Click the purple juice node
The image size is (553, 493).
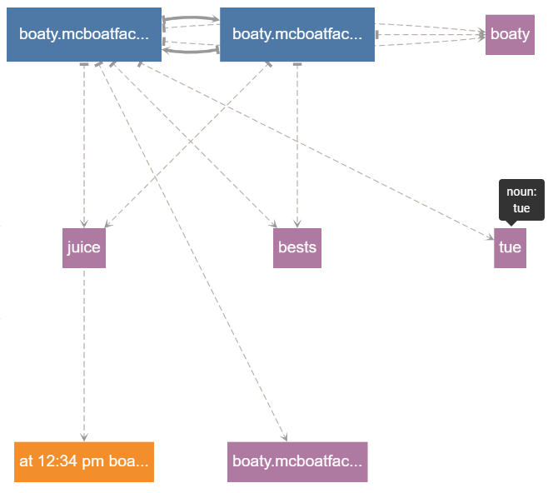[x=84, y=248]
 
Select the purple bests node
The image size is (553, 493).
[x=297, y=248]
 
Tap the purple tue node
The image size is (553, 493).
[x=510, y=248]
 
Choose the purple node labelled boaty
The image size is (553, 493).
[x=510, y=34]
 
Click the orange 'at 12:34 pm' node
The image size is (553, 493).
[x=84, y=461]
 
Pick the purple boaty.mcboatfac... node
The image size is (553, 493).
[x=297, y=461]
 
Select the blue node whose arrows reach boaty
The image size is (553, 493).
[x=297, y=34]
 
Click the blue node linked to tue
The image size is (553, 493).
[x=84, y=34]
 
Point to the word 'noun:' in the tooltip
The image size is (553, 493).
[x=521, y=192]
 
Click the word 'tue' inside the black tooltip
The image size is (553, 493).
[x=521, y=208]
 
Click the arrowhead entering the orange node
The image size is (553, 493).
[x=84, y=437]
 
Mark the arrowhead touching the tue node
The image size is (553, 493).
[x=490, y=237]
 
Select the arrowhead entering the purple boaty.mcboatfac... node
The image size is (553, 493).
[x=284, y=437]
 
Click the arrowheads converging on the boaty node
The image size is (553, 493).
[x=481, y=34]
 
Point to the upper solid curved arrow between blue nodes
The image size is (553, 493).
[x=191, y=17]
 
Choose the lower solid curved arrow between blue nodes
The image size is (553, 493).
[x=191, y=52]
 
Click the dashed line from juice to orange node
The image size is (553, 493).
[x=84, y=355]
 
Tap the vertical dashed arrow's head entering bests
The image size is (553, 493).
[x=297, y=223]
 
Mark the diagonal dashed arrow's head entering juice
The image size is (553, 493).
[x=108, y=224]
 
